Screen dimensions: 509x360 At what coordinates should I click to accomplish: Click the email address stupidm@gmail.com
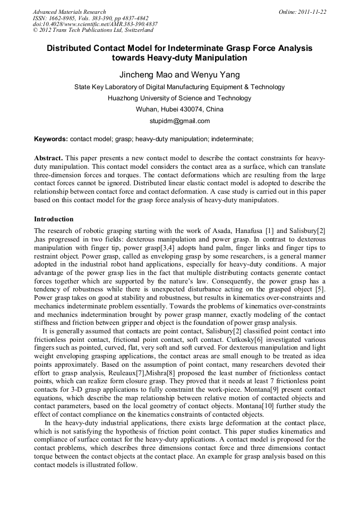pos(179,121)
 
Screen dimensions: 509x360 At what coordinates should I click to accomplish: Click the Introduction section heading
pos(54,219)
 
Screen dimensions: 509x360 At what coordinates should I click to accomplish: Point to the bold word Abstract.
pos(48,159)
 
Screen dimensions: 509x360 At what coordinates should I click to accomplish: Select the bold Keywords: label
pos(51,139)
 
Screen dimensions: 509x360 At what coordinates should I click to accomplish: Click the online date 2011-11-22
pos(314,12)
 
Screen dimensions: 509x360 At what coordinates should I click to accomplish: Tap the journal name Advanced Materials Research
pos(69,12)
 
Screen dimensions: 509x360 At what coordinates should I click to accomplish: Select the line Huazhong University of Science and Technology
pos(179,98)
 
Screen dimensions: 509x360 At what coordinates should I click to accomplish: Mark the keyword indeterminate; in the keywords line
pos(232,139)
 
